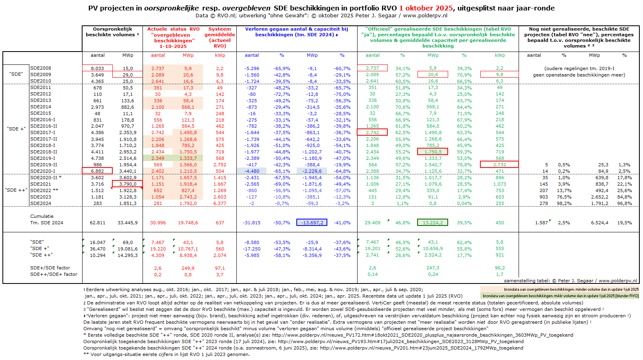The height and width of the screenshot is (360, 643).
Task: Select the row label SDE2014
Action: (41, 107)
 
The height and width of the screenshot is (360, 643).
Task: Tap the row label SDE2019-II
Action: (43, 165)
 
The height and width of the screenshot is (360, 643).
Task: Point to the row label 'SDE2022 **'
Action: (44, 190)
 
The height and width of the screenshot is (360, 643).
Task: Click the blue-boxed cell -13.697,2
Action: (312, 223)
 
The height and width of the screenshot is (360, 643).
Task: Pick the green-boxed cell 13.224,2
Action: (432, 223)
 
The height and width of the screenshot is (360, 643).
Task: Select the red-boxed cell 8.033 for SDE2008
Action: (97, 68)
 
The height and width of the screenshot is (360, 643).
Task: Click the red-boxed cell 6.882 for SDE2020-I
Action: (97, 171)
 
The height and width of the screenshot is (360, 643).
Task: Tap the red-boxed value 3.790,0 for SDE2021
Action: (127, 184)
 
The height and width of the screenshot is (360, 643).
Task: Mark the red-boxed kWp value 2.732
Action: (499, 165)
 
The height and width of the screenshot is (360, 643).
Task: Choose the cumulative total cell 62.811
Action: (97, 223)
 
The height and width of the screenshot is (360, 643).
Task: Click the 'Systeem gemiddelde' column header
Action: (220, 37)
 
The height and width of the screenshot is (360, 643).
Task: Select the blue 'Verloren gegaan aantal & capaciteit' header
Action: (296, 32)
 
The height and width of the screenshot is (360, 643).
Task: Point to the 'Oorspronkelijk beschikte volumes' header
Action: (112, 32)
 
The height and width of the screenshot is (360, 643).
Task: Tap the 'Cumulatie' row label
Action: (42, 216)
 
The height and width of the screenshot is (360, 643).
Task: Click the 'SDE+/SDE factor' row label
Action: (50, 268)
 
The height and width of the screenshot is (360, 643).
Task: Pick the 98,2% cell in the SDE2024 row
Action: (564, 203)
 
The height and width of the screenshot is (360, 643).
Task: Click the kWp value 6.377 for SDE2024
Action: (220, 203)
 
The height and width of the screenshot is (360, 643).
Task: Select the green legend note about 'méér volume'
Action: (560, 296)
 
